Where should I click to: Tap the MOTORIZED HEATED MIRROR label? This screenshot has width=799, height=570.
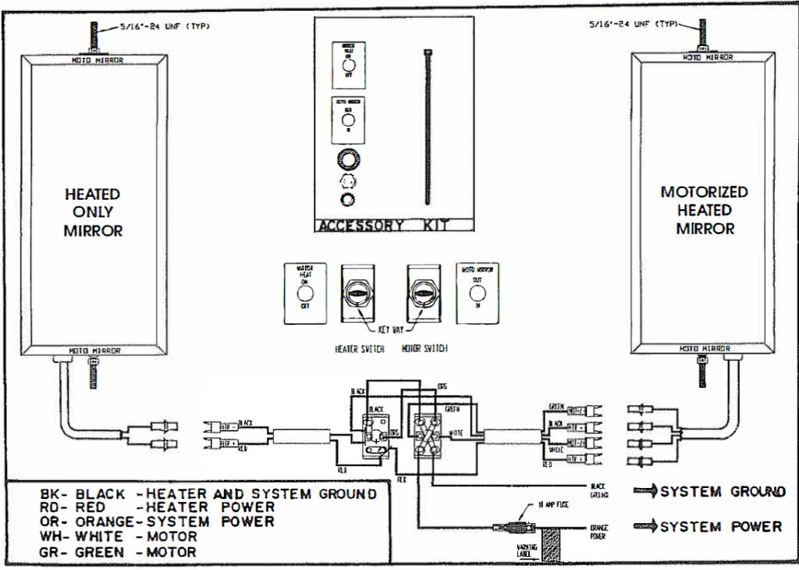click(704, 210)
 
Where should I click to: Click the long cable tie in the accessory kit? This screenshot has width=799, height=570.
click(428, 125)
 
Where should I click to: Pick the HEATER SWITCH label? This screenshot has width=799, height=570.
click(358, 348)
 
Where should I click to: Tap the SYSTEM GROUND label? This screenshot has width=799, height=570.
click(722, 492)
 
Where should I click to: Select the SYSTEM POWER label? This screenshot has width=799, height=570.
click(720, 527)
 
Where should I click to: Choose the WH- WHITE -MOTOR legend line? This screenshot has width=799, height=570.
click(119, 536)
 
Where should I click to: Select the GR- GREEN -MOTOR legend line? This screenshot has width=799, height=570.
click(119, 552)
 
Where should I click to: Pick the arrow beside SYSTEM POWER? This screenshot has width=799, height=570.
click(645, 526)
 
